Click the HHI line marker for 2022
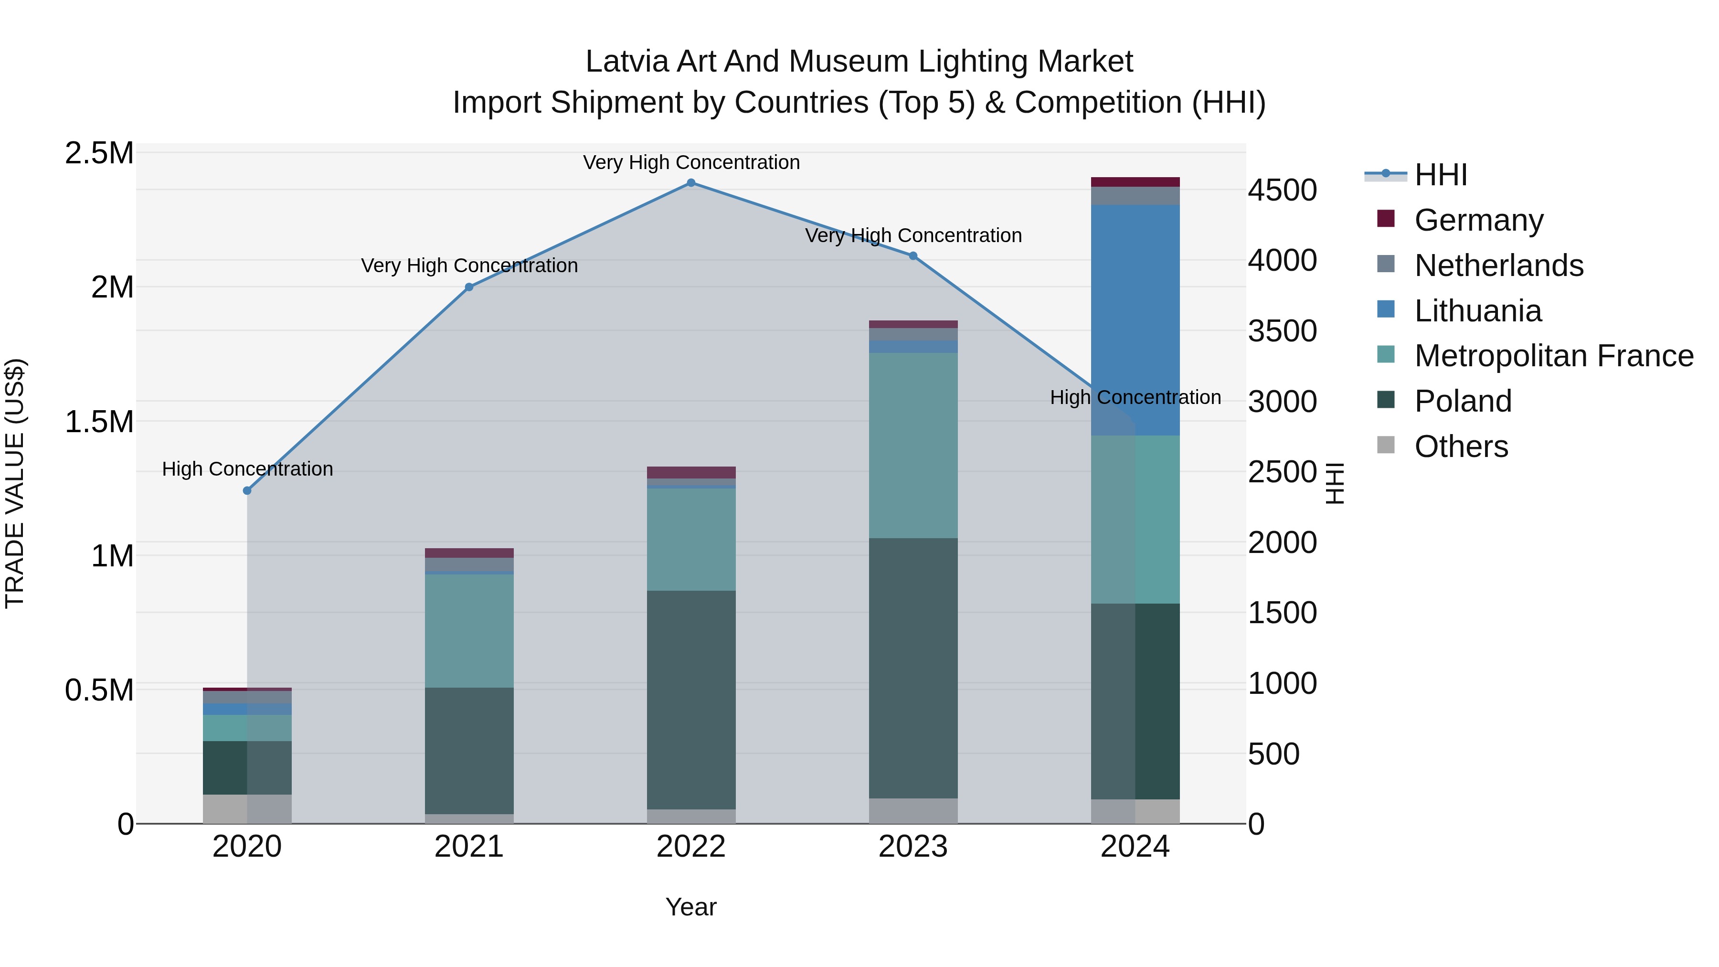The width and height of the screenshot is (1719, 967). [x=691, y=183]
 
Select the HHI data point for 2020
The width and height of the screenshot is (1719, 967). [x=247, y=490]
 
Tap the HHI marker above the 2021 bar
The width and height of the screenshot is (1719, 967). [x=469, y=287]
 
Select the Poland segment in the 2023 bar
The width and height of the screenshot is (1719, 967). [x=913, y=668]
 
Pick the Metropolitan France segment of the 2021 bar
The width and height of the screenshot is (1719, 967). [x=469, y=631]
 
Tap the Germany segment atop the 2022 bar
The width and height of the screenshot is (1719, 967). [x=691, y=472]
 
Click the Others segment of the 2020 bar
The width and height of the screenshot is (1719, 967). [x=247, y=809]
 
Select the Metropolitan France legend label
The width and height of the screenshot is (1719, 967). [x=1553, y=356]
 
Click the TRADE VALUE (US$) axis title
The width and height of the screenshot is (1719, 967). [x=15, y=483]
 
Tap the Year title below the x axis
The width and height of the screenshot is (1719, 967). [x=691, y=907]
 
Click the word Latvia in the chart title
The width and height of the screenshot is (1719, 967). [x=626, y=62]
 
